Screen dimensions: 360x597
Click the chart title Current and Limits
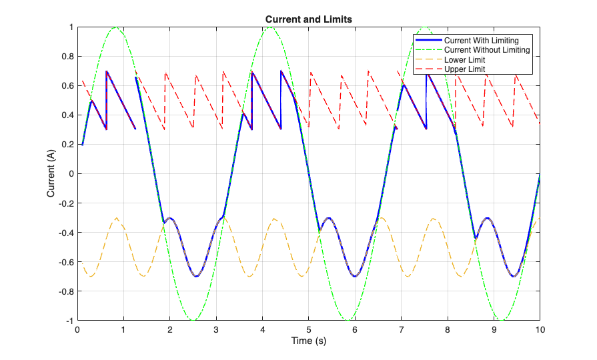click(x=309, y=19)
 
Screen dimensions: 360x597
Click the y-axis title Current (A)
click(x=51, y=173)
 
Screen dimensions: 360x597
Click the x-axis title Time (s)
click(x=309, y=341)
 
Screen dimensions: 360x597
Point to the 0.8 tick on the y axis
click(x=67, y=56)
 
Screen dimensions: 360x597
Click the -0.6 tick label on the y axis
click(x=65, y=262)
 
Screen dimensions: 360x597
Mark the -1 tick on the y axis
click(x=69, y=321)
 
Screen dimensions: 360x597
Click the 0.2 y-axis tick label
click(x=67, y=145)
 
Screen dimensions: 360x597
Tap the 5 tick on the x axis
click(x=309, y=329)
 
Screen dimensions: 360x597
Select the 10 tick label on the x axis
click(x=540, y=329)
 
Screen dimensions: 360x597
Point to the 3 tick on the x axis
click(x=216, y=329)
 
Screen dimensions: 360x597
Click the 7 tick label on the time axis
click(x=401, y=329)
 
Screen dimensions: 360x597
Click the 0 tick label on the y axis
click(x=70, y=174)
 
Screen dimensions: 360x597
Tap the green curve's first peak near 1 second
click(x=115, y=27)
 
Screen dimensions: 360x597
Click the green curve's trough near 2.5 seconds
click(x=193, y=321)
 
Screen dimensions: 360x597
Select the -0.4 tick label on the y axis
click(x=65, y=233)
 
